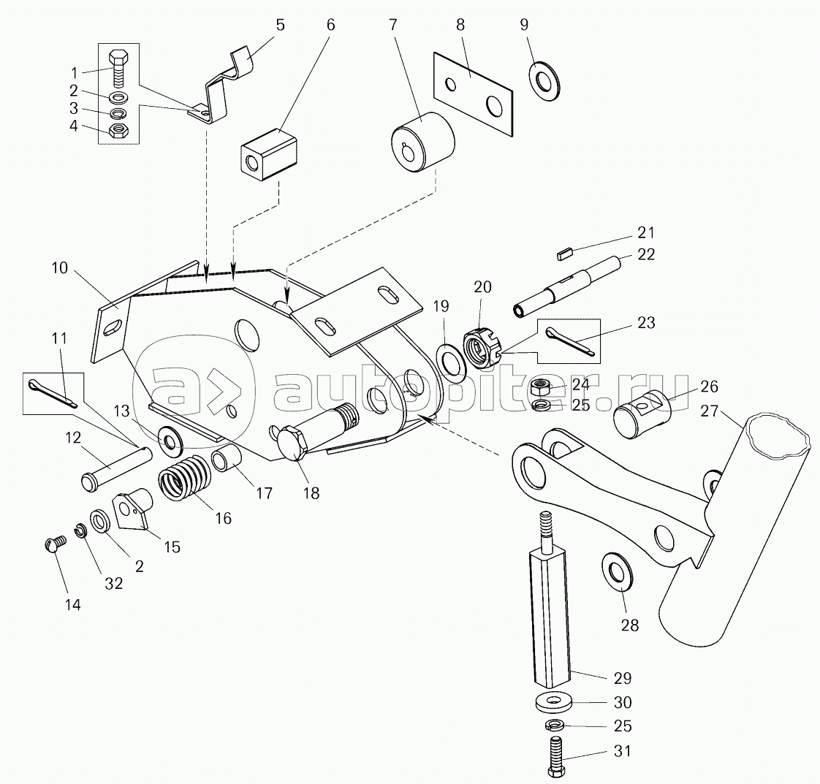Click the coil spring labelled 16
point(184,477)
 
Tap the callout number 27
point(709,411)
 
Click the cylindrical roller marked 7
point(423,141)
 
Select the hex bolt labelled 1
point(117,65)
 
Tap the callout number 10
point(60,267)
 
